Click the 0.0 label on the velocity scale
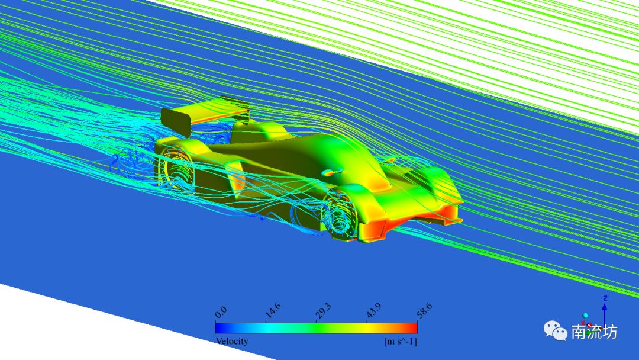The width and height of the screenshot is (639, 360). (221, 312)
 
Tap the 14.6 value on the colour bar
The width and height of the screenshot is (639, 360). (273, 311)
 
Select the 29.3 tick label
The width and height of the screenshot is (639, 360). (323, 311)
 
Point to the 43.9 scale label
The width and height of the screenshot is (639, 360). (374, 311)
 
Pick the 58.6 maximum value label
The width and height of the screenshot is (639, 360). (424, 311)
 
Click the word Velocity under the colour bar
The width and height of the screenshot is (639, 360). (231, 341)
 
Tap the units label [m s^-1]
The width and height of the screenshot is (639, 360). (401, 341)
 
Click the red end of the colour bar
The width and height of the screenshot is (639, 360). (412, 328)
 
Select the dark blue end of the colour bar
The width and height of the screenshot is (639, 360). (220, 328)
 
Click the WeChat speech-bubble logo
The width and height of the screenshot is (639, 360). (555, 330)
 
